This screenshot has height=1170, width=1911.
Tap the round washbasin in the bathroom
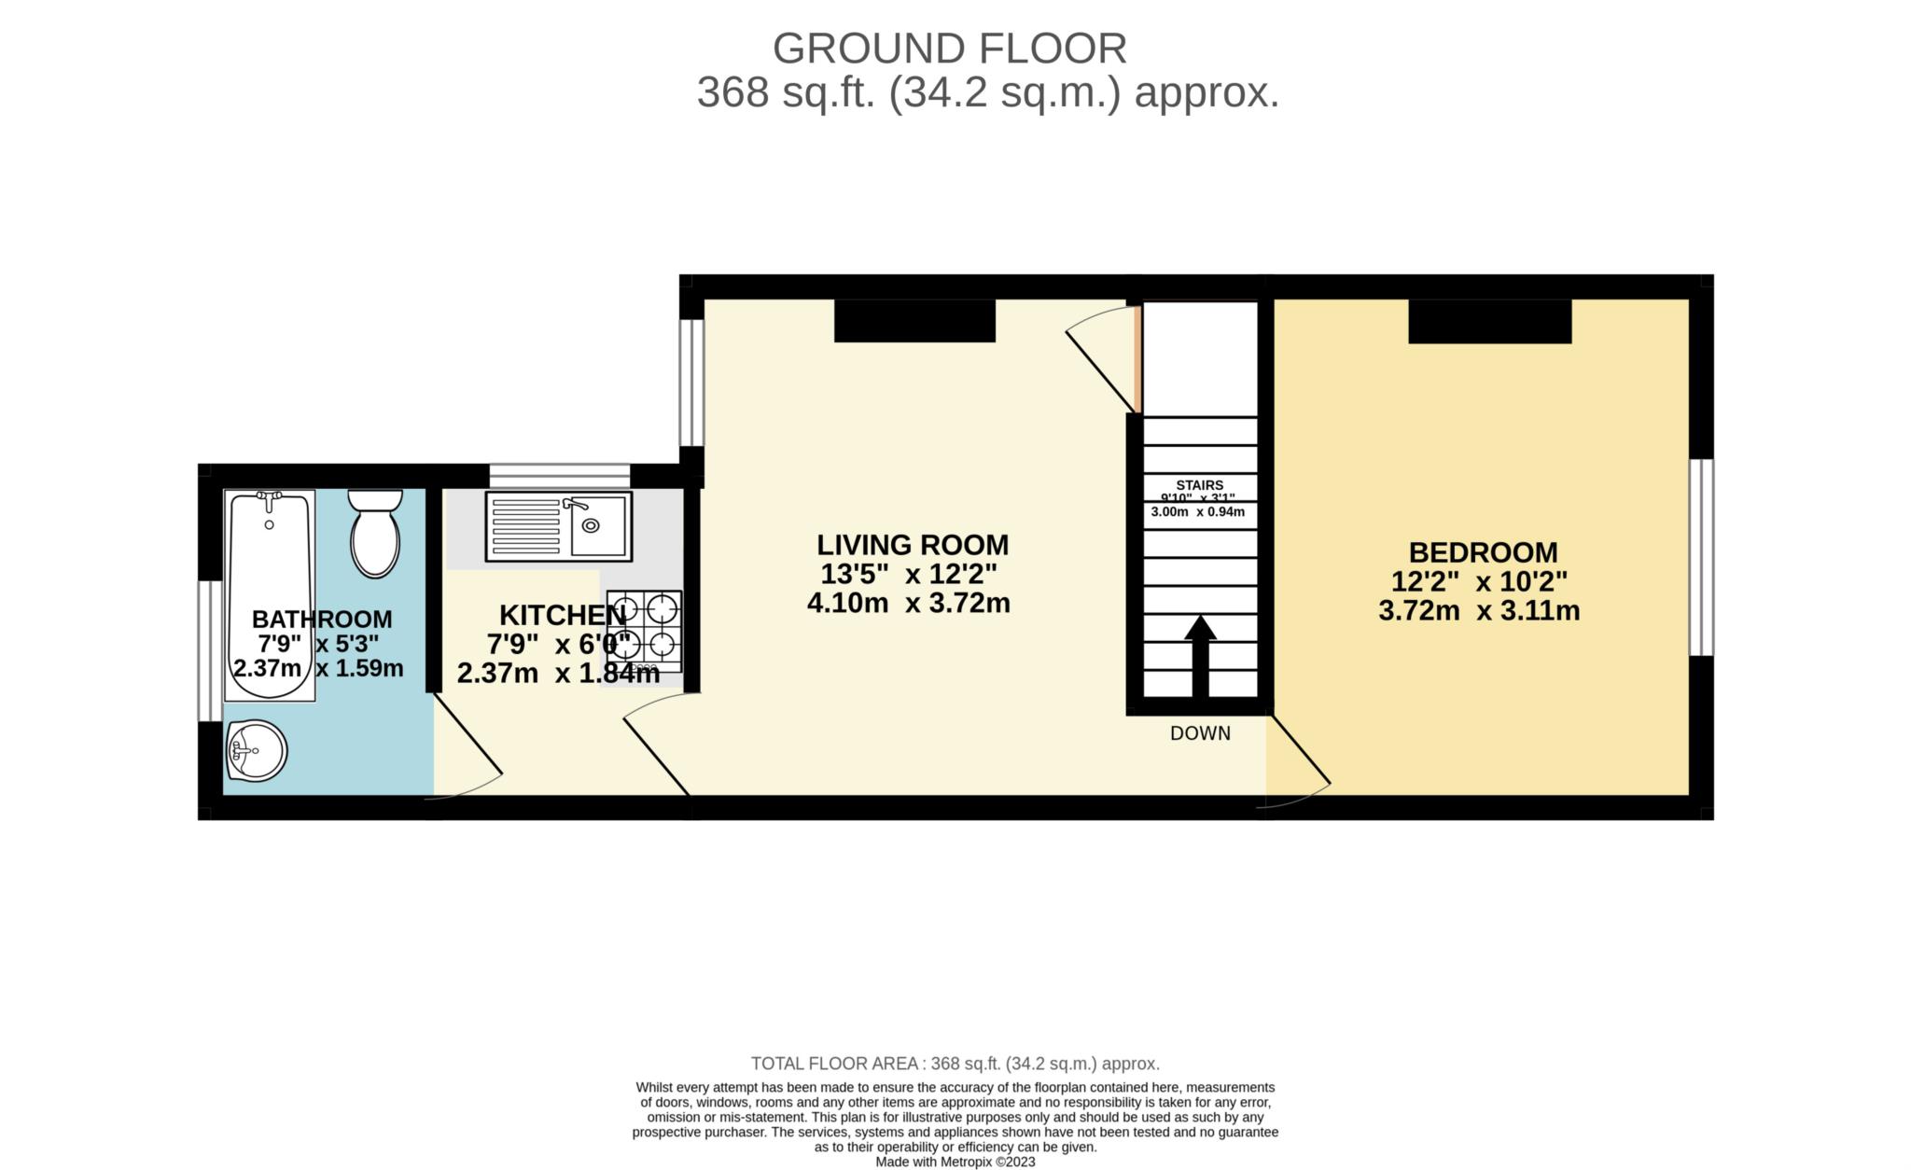click(256, 750)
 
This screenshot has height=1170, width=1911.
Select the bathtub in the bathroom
click(270, 594)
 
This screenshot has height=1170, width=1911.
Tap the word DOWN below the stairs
click(1200, 733)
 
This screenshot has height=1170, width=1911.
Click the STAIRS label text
click(1199, 485)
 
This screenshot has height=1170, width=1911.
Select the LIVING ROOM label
click(912, 545)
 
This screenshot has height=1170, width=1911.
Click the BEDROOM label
click(1482, 552)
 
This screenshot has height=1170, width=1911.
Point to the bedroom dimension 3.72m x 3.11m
click(1478, 611)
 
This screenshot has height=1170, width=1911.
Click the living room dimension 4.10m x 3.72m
click(908, 603)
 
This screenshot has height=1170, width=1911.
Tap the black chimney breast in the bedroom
click(1489, 321)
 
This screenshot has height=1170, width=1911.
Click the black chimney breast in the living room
click(914, 321)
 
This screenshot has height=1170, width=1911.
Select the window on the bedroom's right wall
click(1702, 557)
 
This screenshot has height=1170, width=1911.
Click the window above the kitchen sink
click(560, 476)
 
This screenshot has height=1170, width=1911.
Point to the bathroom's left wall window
click(210, 650)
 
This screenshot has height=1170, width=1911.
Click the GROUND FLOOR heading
click(949, 49)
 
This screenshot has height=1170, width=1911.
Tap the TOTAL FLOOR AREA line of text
click(955, 1064)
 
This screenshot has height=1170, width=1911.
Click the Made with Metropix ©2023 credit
click(955, 1163)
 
